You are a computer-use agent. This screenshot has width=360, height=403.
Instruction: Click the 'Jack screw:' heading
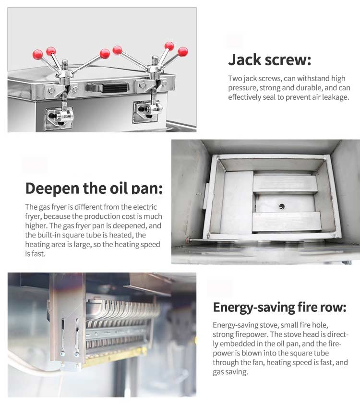click(x=270, y=60)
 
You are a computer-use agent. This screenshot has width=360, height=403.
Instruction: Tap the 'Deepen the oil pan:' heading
click(x=94, y=188)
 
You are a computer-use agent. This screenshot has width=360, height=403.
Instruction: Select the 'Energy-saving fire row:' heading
click(x=280, y=308)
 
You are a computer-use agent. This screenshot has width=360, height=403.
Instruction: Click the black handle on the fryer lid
click(x=108, y=88)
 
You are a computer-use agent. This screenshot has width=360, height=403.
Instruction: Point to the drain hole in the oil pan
click(x=282, y=206)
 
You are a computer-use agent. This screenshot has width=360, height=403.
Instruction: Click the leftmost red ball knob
click(x=38, y=55)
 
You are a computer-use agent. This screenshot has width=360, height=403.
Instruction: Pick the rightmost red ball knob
click(x=183, y=52)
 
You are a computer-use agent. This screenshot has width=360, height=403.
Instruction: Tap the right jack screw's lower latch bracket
click(x=147, y=111)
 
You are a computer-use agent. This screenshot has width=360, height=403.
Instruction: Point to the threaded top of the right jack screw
click(x=155, y=60)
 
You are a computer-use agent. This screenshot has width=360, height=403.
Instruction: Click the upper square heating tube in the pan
click(x=286, y=184)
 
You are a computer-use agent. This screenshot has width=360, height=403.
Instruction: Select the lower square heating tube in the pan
click(x=287, y=221)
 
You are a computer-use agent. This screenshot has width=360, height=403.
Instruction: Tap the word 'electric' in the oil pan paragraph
click(x=145, y=207)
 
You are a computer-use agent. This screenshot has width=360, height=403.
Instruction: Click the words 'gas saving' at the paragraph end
click(x=230, y=372)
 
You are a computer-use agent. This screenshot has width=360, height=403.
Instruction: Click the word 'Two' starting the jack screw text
click(x=235, y=78)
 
